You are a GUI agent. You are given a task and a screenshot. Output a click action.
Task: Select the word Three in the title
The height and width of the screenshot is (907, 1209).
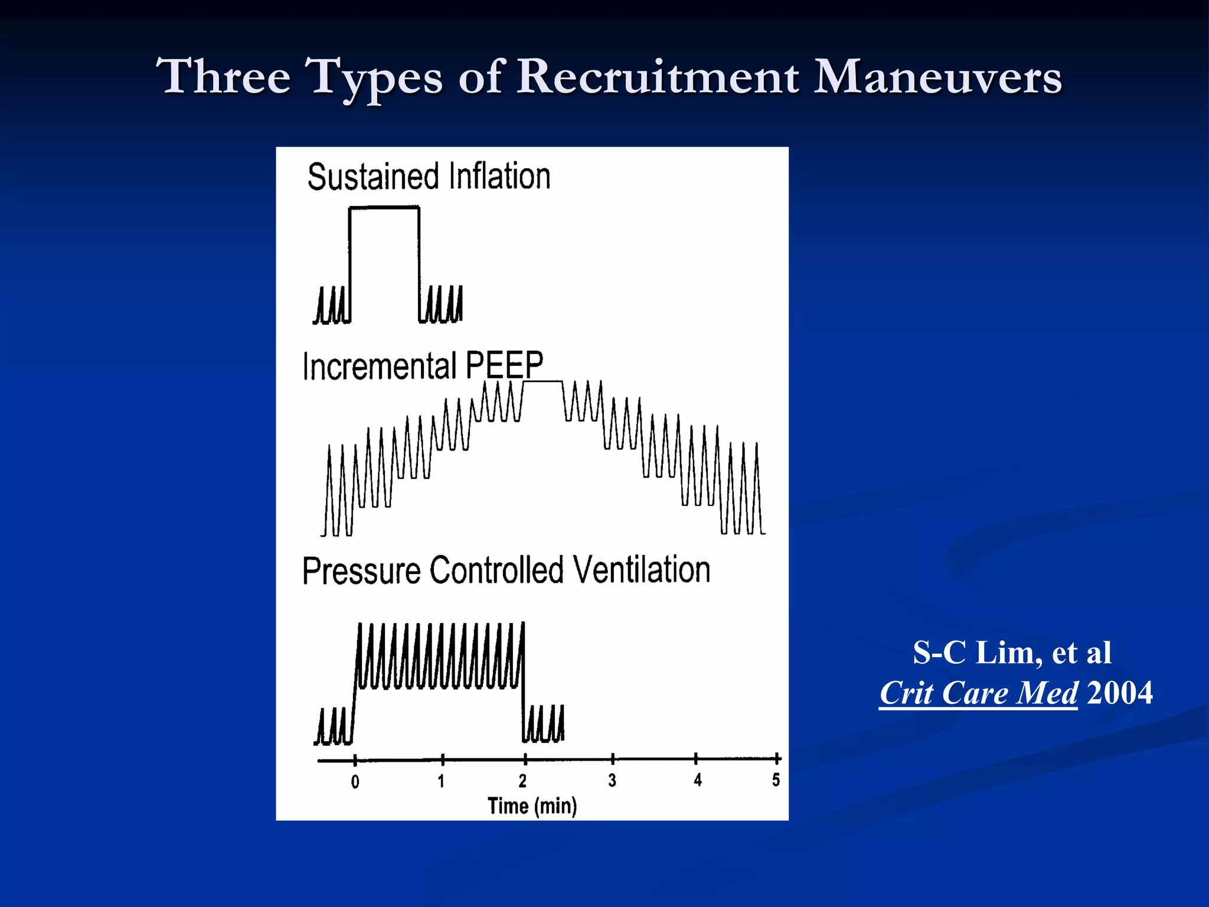click(224, 77)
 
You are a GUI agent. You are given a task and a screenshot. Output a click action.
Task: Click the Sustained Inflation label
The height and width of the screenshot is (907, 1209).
click(429, 177)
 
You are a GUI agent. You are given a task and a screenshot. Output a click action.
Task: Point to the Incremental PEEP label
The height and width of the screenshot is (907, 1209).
click(423, 366)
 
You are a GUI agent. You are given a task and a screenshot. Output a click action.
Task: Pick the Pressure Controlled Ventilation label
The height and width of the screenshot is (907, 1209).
click(506, 570)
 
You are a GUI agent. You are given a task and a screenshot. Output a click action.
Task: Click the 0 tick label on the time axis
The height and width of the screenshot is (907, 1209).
click(355, 782)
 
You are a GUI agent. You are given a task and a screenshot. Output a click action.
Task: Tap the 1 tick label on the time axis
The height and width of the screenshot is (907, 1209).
click(441, 781)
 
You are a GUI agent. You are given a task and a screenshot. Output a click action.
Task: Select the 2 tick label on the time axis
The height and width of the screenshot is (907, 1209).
click(522, 781)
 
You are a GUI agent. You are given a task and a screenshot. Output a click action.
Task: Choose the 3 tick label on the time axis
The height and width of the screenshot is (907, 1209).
click(612, 781)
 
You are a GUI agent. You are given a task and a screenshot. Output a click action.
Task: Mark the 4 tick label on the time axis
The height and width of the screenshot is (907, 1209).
click(698, 780)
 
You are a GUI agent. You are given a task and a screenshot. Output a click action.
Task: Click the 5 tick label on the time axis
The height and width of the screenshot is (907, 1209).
click(776, 780)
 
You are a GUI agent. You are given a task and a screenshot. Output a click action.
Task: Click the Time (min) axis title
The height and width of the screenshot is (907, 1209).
click(532, 806)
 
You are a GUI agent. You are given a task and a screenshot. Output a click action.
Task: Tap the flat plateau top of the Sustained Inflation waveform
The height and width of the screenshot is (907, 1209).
click(384, 207)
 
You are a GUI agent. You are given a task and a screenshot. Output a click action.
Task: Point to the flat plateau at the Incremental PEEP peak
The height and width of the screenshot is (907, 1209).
click(543, 382)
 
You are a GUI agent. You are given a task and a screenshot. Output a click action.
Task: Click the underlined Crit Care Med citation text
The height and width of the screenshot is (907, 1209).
click(978, 693)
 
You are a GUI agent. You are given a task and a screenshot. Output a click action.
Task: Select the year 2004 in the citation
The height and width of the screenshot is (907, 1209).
click(1119, 693)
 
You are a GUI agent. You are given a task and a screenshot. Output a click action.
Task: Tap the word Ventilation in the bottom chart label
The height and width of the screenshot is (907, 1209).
click(642, 570)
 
